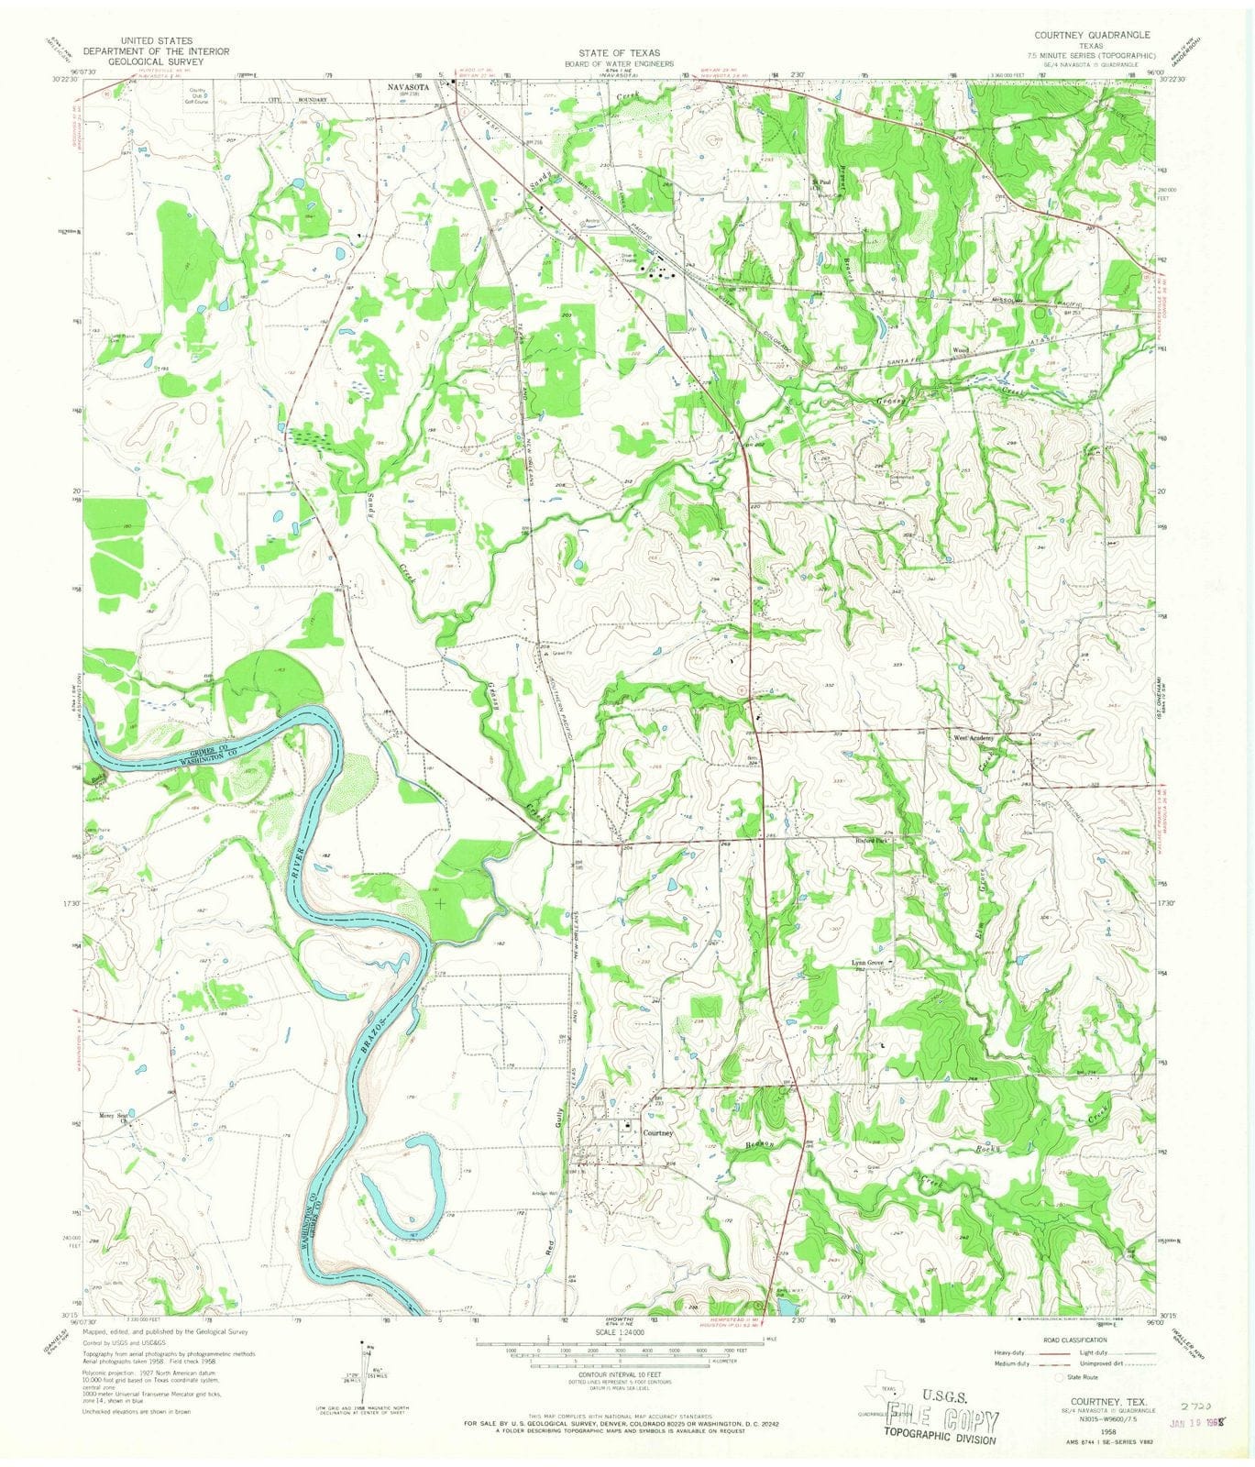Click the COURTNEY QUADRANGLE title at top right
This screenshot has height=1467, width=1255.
[x=1092, y=35]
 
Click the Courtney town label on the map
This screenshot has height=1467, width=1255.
[x=658, y=1133]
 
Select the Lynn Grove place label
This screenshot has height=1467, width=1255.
[x=869, y=963]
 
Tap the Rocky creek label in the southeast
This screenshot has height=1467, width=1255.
[x=989, y=1151]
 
